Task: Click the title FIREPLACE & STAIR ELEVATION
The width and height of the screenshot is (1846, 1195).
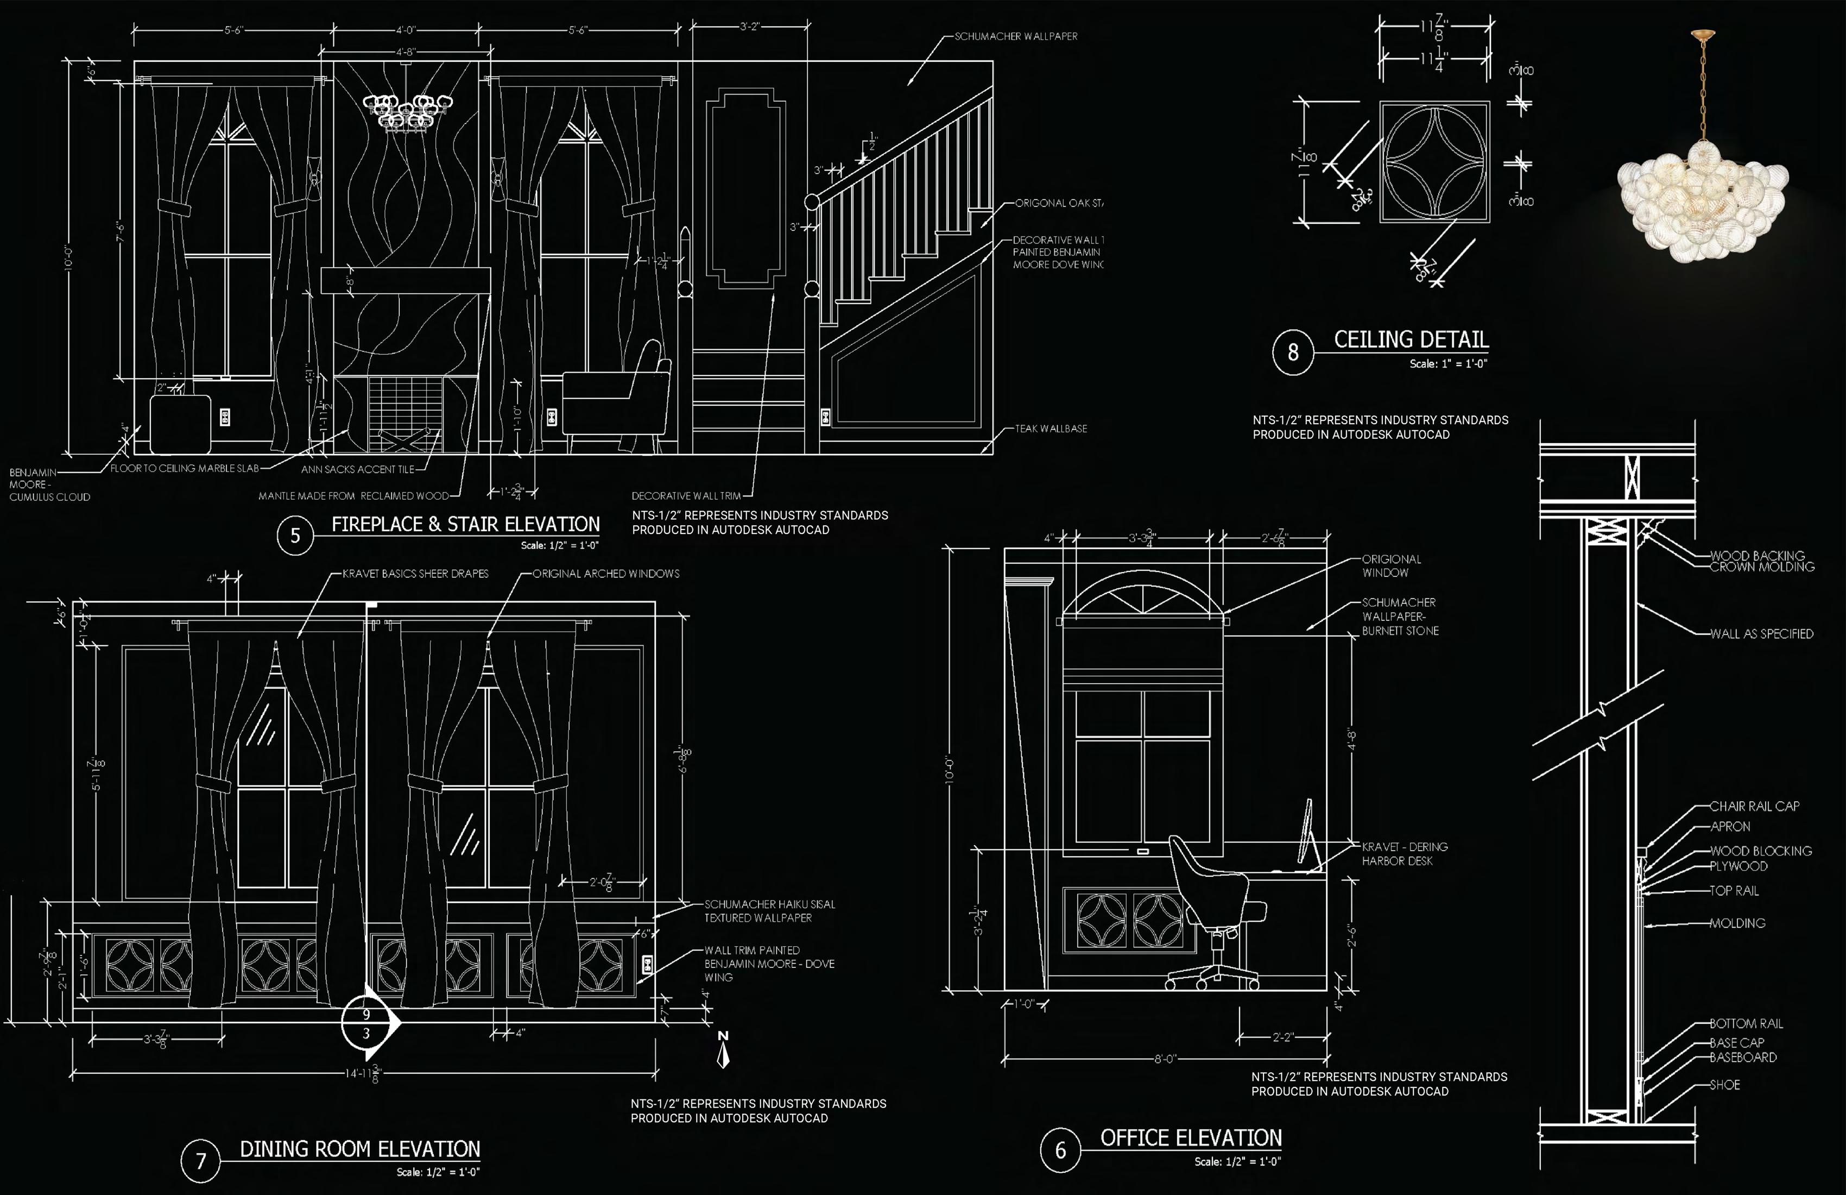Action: coord(465,525)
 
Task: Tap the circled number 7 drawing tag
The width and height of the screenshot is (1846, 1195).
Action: coord(201,1160)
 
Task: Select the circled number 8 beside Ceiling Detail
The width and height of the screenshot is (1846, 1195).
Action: coord(1292,353)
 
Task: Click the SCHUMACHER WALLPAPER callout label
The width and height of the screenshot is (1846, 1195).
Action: coord(1015,36)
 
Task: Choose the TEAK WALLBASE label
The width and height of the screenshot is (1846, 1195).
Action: coord(1051,429)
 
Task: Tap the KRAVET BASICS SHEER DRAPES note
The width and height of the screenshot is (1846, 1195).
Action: coord(416,574)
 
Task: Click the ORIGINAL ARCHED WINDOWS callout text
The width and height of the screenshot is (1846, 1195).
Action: coord(606,574)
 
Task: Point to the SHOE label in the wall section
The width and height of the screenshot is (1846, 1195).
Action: coord(1725,1085)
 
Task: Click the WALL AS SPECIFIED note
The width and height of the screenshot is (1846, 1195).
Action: coord(1761,634)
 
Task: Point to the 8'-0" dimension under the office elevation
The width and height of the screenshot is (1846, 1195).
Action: coord(1165,1059)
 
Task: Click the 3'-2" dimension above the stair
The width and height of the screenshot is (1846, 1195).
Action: coord(749,27)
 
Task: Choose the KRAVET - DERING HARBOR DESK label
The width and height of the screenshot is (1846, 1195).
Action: coord(1405,853)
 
